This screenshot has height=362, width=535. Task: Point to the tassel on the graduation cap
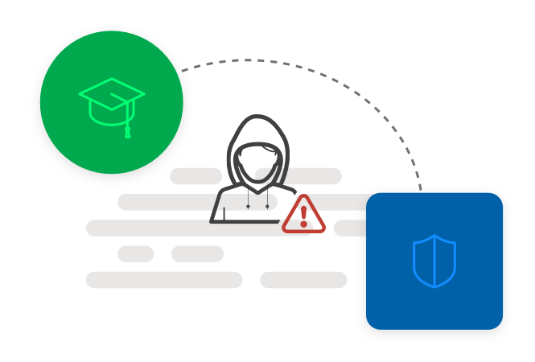click(127, 131)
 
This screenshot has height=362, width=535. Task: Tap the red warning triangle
click(303, 215)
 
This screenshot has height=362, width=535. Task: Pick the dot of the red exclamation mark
click(303, 224)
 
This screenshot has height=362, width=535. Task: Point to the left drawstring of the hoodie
click(248, 201)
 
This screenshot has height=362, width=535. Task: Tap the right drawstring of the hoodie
click(267, 201)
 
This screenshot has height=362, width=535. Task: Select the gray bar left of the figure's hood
click(195, 176)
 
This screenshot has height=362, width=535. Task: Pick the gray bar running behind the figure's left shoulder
click(165, 202)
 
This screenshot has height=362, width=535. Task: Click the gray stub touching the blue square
click(350, 228)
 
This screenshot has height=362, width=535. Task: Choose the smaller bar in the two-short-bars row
click(136, 254)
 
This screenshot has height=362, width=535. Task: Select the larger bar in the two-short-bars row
click(197, 254)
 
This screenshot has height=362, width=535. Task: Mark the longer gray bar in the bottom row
click(164, 280)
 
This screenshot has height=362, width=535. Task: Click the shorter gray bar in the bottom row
click(303, 280)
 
